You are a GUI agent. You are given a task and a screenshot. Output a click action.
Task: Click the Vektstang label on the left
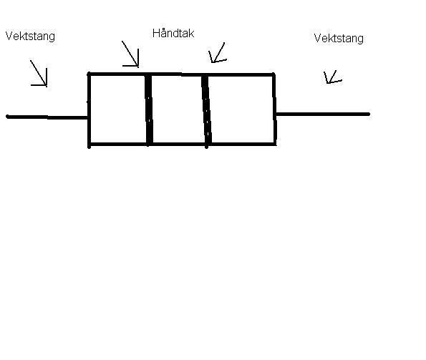tap(30, 37)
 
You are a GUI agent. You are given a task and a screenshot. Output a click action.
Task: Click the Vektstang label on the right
tap(339, 39)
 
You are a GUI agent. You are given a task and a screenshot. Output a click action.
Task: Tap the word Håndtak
tap(173, 34)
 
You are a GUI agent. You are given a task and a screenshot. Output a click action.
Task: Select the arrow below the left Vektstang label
tap(39, 73)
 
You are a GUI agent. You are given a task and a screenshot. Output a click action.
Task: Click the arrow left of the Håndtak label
tap(130, 54)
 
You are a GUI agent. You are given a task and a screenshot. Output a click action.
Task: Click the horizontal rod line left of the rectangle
tap(47, 117)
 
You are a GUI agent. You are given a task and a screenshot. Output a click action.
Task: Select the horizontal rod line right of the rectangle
tap(322, 114)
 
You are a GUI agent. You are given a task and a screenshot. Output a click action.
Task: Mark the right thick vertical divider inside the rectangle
tap(206, 110)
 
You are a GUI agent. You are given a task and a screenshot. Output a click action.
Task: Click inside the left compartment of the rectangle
tap(117, 109)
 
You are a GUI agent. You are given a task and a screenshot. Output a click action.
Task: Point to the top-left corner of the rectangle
tap(89, 74)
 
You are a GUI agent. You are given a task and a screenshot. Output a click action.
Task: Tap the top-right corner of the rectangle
tap(273, 74)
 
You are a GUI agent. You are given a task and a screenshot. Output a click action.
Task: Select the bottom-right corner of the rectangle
tap(275, 144)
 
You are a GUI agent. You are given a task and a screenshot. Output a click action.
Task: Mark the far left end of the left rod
tap(7, 117)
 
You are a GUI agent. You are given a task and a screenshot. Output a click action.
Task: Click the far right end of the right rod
tap(369, 114)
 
